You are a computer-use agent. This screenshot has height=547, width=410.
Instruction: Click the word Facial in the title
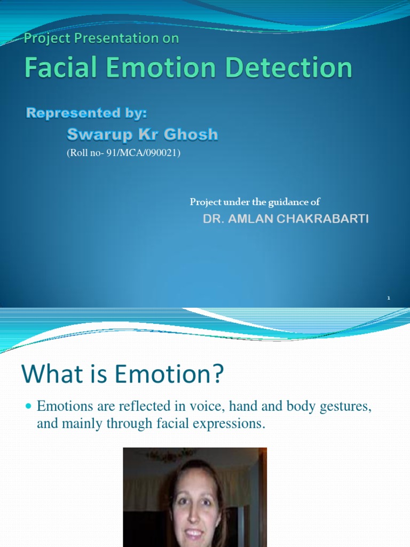click(59, 69)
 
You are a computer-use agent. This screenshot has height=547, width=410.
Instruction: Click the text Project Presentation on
click(101, 38)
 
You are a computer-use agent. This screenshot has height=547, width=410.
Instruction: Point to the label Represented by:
click(86, 113)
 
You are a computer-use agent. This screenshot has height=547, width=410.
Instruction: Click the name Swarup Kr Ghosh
click(142, 134)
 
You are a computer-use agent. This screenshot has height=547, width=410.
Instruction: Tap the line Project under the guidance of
click(255, 201)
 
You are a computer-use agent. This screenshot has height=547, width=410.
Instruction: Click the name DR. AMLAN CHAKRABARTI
click(286, 220)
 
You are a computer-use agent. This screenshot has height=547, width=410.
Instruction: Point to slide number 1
click(389, 298)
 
